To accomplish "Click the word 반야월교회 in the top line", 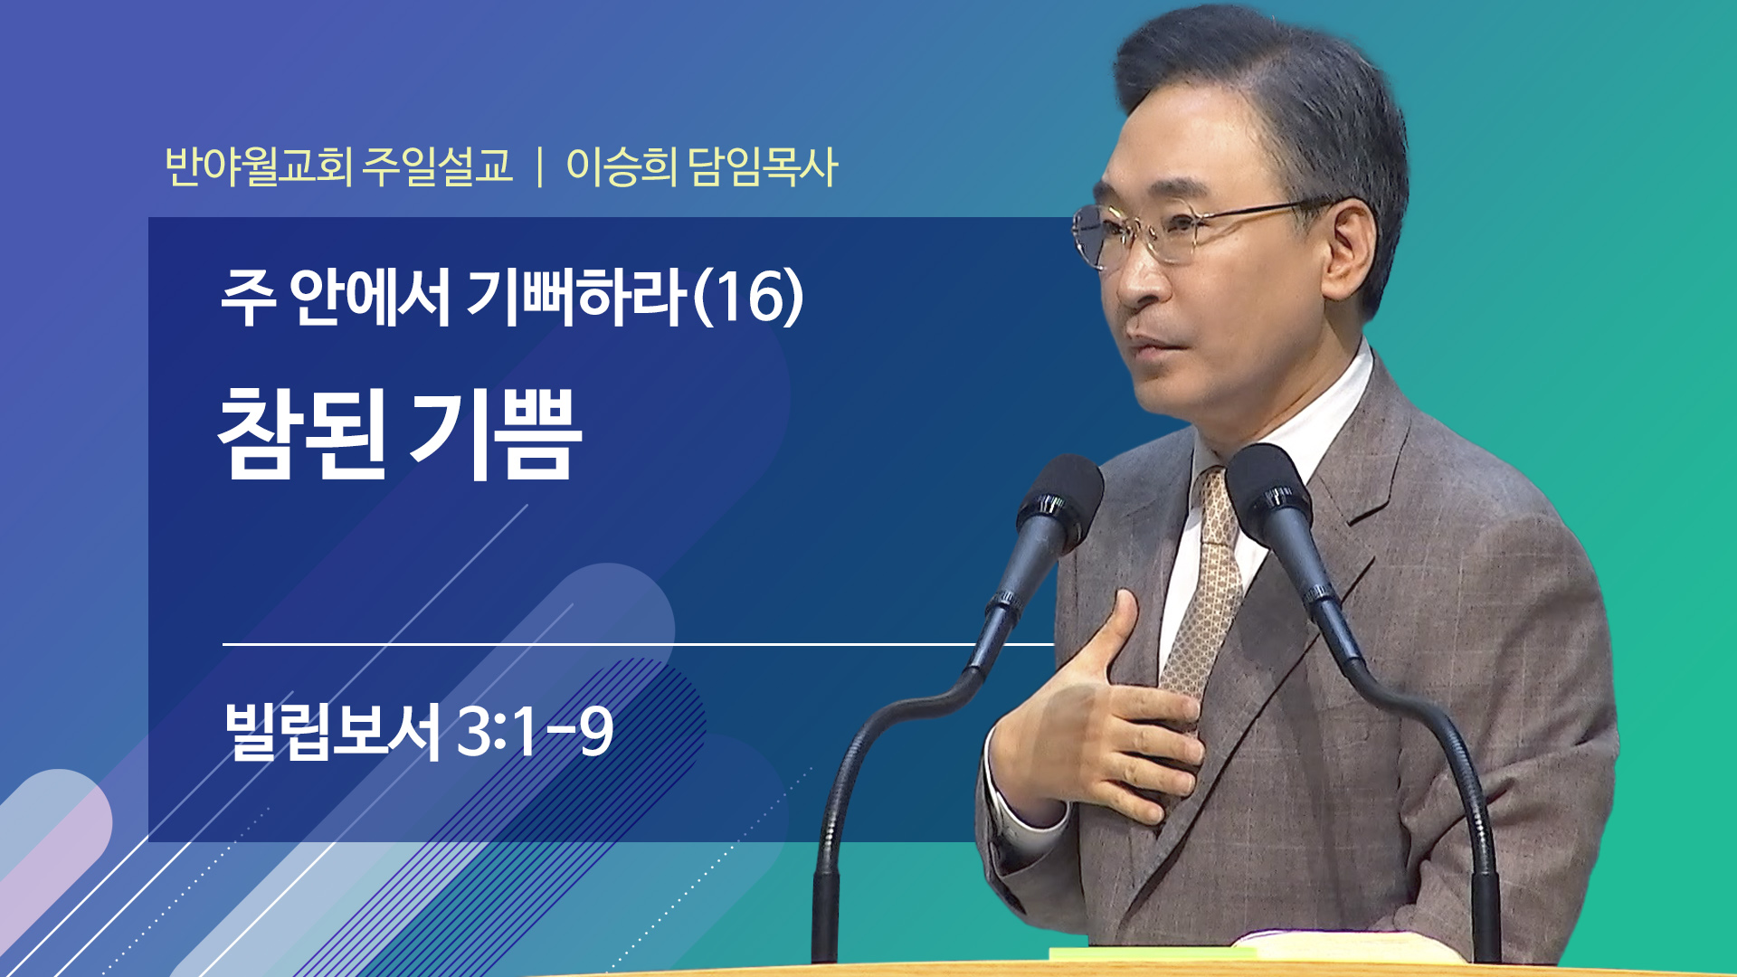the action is click(x=259, y=166).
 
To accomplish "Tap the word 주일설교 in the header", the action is click(x=438, y=166).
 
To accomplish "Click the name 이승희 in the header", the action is click(x=621, y=166).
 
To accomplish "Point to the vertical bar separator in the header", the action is click(x=540, y=166).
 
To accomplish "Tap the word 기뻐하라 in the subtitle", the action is click(x=577, y=298).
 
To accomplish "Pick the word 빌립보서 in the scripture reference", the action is click(x=333, y=731).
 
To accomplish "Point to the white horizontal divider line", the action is click(x=638, y=644).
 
